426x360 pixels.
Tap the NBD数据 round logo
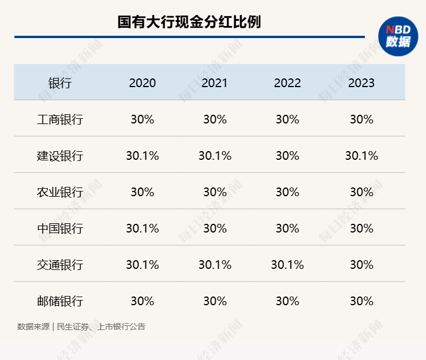pyautogui.click(x=398, y=36)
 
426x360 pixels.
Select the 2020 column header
pyautogui.click(x=142, y=83)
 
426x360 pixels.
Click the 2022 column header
pyautogui.click(x=287, y=83)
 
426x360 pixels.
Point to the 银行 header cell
pyautogui.click(x=59, y=83)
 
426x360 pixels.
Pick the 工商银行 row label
pyautogui.click(x=59, y=119)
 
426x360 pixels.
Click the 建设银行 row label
pyautogui.click(x=59, y=156)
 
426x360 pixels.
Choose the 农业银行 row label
pyautogui.click(x=59, y=192)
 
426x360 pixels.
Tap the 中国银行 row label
pyautogui.click(x=59, y=228)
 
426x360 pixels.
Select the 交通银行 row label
pyautogui.click(x=59, y=265)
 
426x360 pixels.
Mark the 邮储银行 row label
pyautogui.click(x=59, y=301)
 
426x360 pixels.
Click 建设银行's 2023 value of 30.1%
pyautogui.click(x=361, y=156)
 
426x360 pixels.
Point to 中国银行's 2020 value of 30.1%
pyautogui.click(x=142, y=228)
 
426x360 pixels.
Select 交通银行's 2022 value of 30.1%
pyautogui.click(x=287, y=265)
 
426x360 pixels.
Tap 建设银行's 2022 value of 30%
pyautogui.click(x=287, y=156)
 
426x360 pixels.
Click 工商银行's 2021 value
pyautogui.click(x=215, y=119)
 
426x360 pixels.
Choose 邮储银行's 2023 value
pyautogui.click(x=361, y=301)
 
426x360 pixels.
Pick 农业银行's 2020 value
pyautogui.click(x=142, y=192)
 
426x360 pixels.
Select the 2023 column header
pyautogui.click(x=361, y=83)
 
